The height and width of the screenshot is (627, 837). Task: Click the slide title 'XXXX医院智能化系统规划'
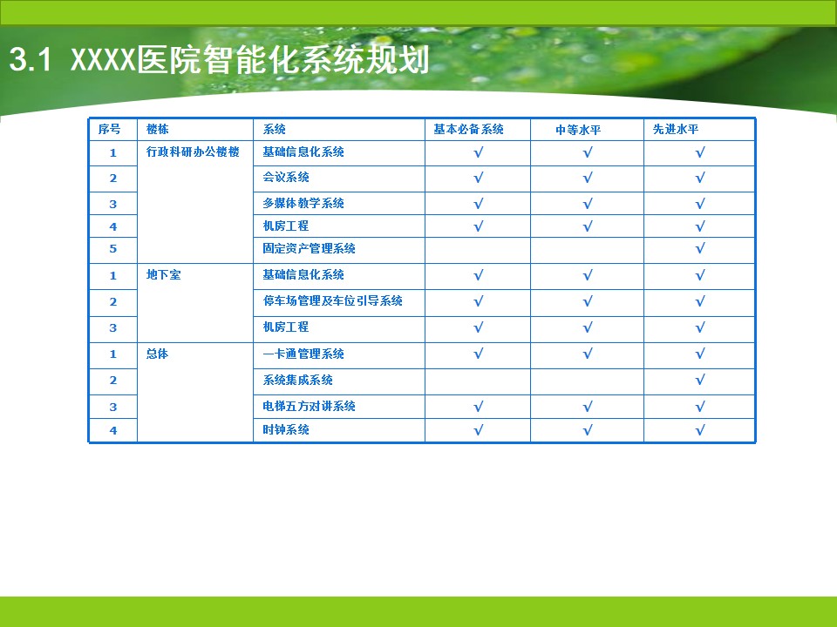pos(250,60)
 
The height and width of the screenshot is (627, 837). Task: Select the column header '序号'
pos(110,129)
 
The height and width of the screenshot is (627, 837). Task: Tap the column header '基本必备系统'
pos(469,129)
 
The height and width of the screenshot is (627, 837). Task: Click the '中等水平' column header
pos(578,130)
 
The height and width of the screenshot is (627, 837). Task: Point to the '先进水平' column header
pos(676,129)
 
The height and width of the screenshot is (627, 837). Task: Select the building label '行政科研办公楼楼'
pos(193,152)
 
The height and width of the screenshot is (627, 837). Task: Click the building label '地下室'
pos(163,274)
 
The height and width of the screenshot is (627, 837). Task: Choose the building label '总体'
pos(158,354)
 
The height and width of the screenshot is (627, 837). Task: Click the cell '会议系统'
pos(286,177)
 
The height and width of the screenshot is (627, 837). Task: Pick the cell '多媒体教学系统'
pos(303,203)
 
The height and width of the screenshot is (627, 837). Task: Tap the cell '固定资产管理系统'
pos(309,248)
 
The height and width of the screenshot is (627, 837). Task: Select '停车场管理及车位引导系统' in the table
pos(332,300)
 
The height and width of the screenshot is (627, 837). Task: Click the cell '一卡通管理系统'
pos(303,354)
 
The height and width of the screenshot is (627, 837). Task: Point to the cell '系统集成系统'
pos(297,380)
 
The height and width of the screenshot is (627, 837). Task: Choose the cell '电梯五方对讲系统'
pos(309,407)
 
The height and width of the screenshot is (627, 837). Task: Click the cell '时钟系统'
pos(286,429)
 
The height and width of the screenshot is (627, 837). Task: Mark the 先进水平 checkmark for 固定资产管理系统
pos(700,248)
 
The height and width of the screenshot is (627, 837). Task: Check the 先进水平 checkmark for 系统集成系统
pos(700,380)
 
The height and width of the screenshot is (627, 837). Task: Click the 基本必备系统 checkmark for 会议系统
pos(479,177)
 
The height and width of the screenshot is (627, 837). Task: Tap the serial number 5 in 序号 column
pos(113,248)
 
